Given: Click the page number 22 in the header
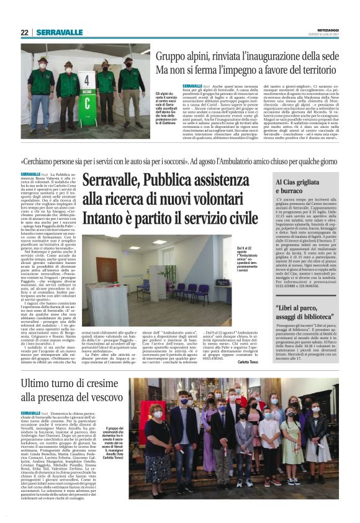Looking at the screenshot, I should [25, 32].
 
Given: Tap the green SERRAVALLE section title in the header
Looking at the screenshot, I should [59, 32].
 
